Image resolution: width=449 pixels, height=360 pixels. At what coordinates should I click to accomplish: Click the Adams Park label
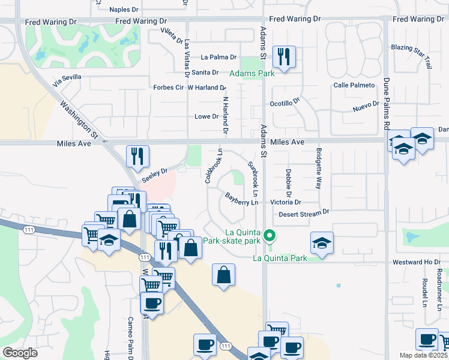point(252,74)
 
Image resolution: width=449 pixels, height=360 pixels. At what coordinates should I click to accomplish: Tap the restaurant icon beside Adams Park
point(282,58)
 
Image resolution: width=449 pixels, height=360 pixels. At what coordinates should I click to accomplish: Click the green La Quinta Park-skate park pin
point(270,235)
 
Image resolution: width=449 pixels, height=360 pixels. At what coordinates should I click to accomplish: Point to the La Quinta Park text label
point(280,259)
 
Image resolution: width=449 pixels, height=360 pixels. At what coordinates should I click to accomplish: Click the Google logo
point(20,353)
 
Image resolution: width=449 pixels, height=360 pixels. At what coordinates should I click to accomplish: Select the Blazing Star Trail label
point(411,50)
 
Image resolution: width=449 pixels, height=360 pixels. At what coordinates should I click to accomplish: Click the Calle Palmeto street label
point(354,85)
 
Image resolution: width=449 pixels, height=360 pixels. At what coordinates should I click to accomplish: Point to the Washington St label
point(78,117)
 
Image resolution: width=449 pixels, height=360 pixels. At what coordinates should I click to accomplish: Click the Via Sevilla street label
point(66,81)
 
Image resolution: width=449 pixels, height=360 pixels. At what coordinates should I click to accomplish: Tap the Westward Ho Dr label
point(415,262)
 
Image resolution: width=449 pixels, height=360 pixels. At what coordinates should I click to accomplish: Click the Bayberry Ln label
point(241,199)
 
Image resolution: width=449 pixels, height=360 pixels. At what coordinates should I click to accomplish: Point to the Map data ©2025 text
point(424,355)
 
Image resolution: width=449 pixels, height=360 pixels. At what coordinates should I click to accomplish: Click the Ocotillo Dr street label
point(285,103)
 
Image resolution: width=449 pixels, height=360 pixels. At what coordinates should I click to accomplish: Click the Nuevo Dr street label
point(366,106)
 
